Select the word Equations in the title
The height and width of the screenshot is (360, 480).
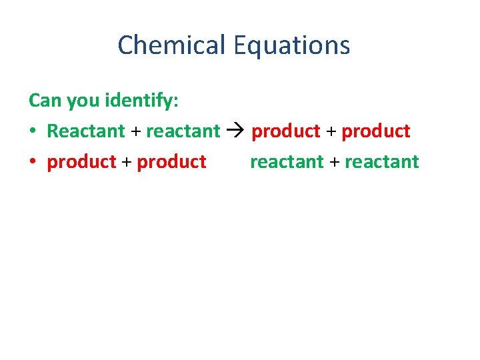point(291,45)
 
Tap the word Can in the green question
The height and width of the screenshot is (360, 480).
point(45,100)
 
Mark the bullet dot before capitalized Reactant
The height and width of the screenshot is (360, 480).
point(33,131)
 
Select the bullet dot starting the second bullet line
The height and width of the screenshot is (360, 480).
point(33,162)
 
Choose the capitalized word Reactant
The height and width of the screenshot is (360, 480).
point(85,131)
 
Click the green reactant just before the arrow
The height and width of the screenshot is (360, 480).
point(183,131)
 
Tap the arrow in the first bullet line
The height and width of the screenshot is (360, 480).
point(235,131)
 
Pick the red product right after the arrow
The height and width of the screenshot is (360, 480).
point(285,131)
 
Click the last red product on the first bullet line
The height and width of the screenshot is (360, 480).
point(375,131)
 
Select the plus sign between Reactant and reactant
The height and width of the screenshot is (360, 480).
point(135,131)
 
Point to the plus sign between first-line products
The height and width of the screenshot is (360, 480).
point(331,131)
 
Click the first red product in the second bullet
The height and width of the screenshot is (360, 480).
point(81,162)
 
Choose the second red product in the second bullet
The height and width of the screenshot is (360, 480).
point(171,162)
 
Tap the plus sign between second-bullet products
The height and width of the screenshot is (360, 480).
point(127,162)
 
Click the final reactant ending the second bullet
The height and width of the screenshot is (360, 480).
point(382,162)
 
